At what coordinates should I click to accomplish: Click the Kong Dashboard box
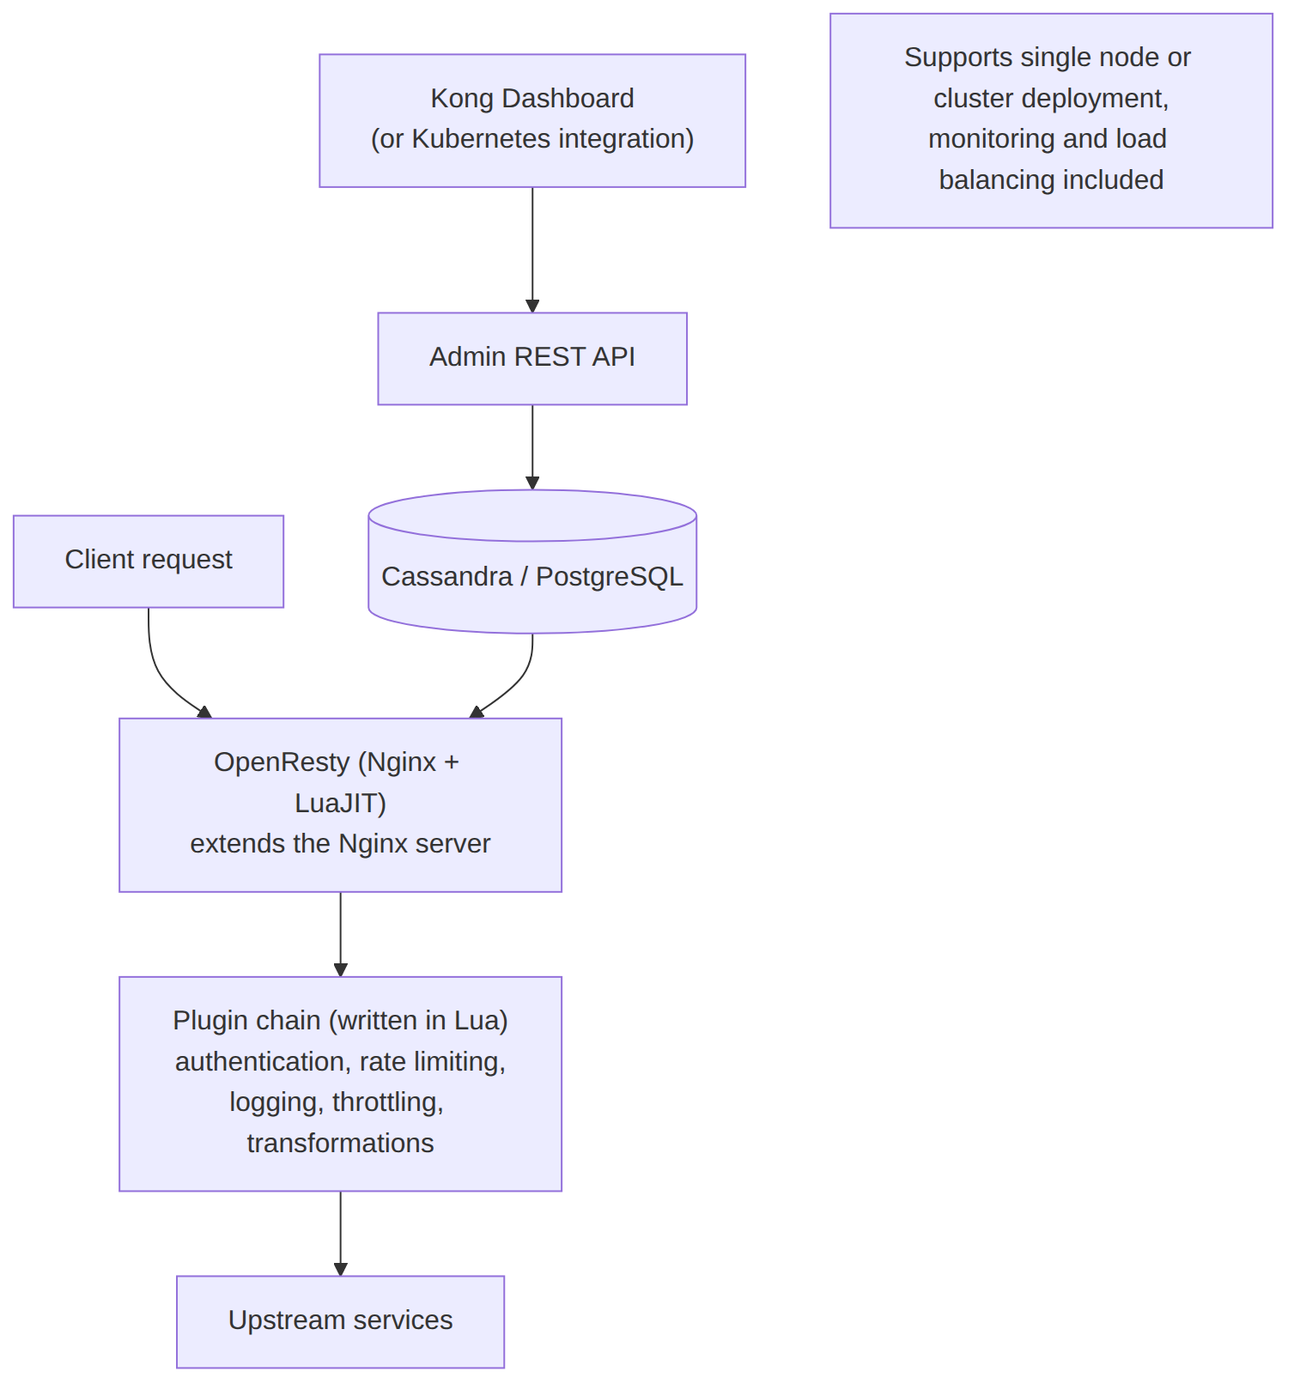[x=532, y=120]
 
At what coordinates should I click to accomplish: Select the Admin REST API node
[x=532, y=358]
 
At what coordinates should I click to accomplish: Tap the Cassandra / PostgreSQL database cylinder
[x=532, y=561]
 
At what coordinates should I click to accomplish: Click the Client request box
[x=149, y=561]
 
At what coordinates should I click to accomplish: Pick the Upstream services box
[x=340, y=1321]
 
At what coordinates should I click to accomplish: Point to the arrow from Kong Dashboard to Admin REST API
[x=532, y=250]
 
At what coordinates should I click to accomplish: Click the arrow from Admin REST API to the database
[x=532, y=447]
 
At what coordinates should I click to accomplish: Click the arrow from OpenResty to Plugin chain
[x=340, y=934]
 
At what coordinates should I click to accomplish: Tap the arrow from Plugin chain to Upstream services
[x=340, y=1233]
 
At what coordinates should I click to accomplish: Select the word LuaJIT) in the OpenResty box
[x=340, y=803]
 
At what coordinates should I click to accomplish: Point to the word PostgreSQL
[x=610, y=576]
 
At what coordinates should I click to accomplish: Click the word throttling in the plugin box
[x=388, y=1102]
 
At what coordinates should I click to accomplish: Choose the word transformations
[x=340, y=1144]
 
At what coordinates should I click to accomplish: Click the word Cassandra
[x=446, y=576]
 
